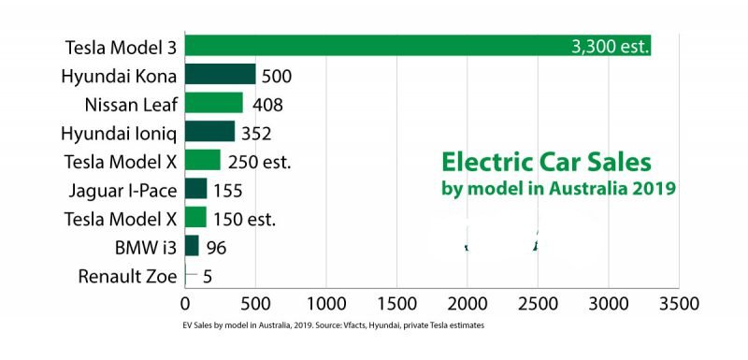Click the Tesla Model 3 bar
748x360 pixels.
417,46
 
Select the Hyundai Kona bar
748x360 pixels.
220,75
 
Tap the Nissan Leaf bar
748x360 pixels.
213,103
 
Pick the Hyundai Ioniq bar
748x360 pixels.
209,132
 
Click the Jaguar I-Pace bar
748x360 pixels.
195,190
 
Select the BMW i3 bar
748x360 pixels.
192,247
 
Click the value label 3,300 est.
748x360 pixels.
610,47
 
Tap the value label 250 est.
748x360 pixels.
259,161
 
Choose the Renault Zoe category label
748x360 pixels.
127,277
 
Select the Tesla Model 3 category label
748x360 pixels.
121,46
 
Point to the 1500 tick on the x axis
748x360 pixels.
396,304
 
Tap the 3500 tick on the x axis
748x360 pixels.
679,304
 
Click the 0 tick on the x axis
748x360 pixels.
185,304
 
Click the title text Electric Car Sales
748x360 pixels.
546,162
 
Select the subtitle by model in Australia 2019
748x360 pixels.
558,188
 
